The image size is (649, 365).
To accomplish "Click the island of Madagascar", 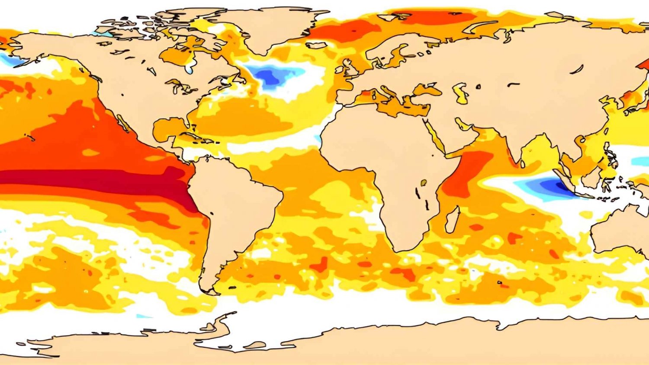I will pyautogui.click(x=452, y=219).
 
